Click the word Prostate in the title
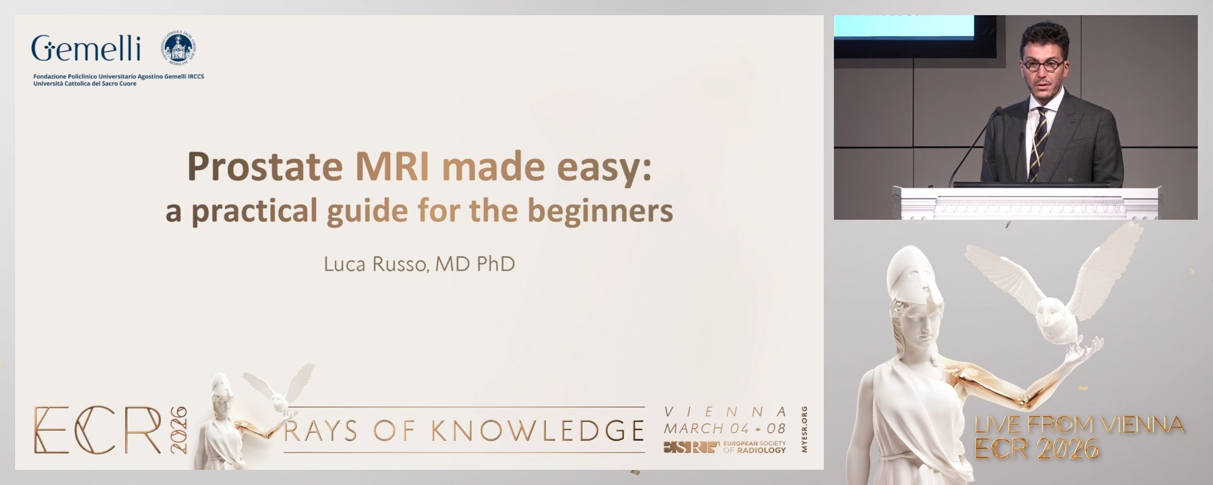pyautogui.click(x=264, y=167)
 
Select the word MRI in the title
pyautogui.click(x=392, y=167)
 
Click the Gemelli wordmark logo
pyautogui.click(x=86, y=49)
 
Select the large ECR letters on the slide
pyautogui.click(x=98, y=430)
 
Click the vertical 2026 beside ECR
pyautogui.click(x=179, y=429)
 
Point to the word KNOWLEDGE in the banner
pyautogui.click(x=538, y=431)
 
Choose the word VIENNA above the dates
pyautogui.click(x=725, y=412)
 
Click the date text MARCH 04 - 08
pyautogui.click(x=725, y=428)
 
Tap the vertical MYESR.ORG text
pyautogui.click(x=804, y=429)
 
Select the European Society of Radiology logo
pyautogui.click(x=725, y=447)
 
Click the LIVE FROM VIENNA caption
pyautogui.click(x=1079, y=425)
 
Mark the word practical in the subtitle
pyautogui.click(x=254, y=211)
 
